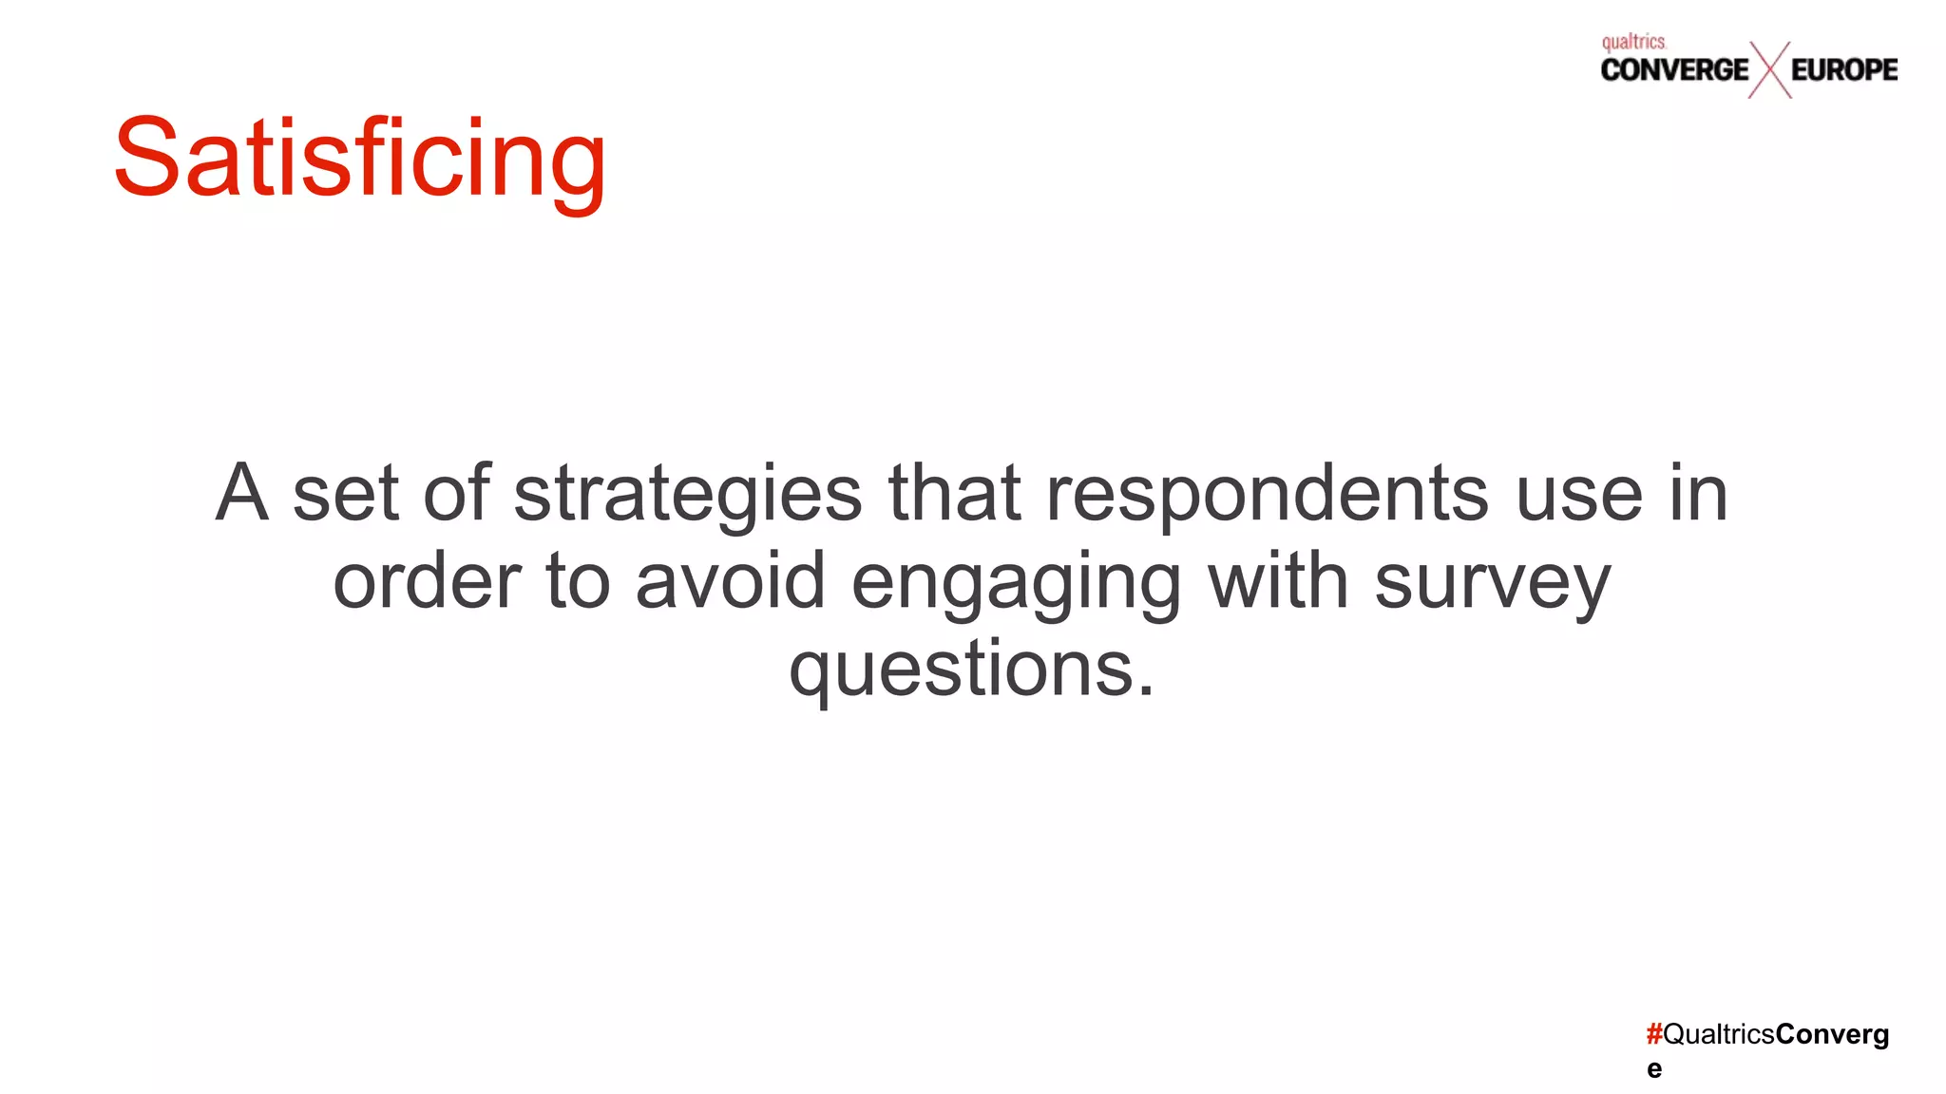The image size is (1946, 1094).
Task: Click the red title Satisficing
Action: pos(359,158)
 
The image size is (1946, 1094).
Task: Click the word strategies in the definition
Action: pos(688,494)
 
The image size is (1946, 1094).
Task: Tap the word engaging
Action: pos(1017,581)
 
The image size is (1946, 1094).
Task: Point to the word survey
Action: pos(1493,581)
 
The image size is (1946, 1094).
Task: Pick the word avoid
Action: pos(730,581)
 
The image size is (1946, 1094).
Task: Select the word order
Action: pos(427,581)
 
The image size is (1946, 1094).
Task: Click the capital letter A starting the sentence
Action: pos(241,494)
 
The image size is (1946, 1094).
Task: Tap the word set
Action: pos(345,494)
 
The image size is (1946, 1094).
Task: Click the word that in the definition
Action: pos(955,494)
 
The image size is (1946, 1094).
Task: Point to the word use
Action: pos(1578,494)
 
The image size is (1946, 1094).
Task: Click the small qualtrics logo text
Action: pos(1633,42)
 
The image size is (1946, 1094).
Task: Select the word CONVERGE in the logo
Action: pos(1674,69)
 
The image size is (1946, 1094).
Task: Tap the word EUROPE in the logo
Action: pos(1844,69)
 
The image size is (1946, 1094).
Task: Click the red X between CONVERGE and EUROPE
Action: pos(1769,69)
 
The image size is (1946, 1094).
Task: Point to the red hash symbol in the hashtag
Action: pos(1654,1034)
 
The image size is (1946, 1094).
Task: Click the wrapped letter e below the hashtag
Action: pos(1654,1069)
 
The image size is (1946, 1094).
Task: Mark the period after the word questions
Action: pos(1146,690)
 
